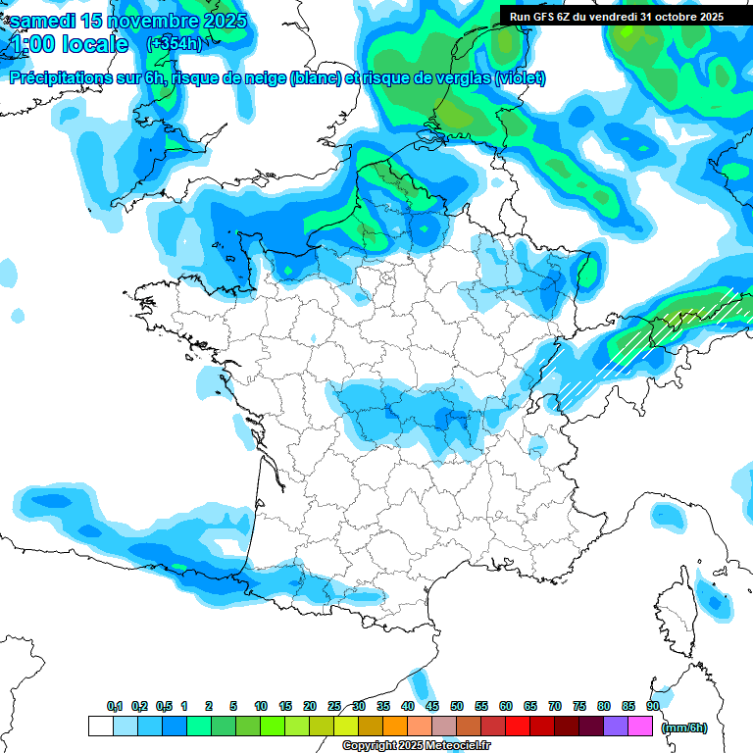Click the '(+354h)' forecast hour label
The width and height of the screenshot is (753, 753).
[x=174, y=43]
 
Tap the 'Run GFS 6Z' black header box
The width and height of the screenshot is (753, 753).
[x=616, y=16]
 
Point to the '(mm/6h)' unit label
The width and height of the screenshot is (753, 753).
[x=684, y=728]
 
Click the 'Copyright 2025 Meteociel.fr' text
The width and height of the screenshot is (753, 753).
[x=416, y=746]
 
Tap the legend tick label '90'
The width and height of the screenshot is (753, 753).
[x=652, y=706]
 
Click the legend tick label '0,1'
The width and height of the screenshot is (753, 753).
[x=114, y=706]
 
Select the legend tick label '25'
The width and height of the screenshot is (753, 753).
[x=334, y=706]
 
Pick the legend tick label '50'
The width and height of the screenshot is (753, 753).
[x=457, y=706]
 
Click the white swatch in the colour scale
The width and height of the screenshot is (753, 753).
[x=100, y=727]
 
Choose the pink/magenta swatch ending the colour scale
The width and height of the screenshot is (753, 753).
[x=640, y=727]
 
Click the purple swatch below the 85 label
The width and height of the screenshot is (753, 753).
[x=616, y=727]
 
